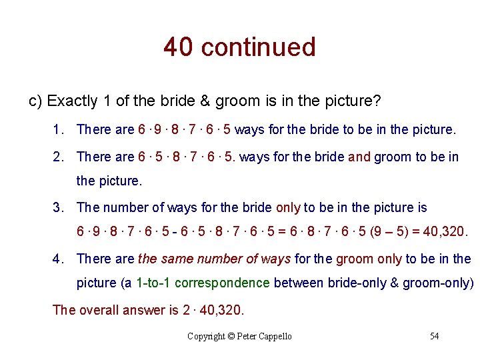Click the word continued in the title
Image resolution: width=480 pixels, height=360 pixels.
258,47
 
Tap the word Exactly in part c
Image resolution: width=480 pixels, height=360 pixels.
73,101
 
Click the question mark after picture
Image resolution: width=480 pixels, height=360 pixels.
377,101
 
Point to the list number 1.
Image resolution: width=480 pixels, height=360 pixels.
58,129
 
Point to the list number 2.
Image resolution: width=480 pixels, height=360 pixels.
58,157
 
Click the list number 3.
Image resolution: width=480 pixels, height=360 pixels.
58,207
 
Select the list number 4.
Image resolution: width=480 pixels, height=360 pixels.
58,259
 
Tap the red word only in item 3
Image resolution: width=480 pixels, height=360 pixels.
288,207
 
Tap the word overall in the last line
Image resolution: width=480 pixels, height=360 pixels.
99,310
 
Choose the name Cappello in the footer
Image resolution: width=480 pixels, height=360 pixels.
275,336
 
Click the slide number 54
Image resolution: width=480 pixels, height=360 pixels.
434,336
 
